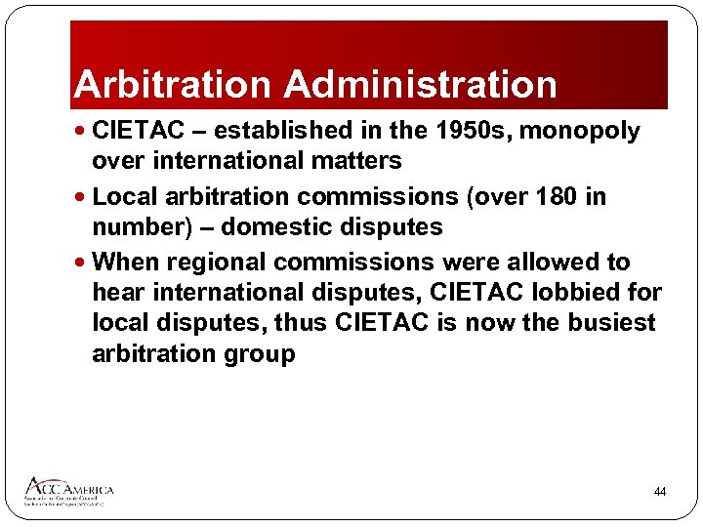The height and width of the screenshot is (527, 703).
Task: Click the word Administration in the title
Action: click(421, 85)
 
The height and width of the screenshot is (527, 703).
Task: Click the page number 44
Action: click(660, 492)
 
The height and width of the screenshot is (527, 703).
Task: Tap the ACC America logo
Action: click(69, 490)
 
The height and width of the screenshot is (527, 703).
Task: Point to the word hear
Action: click(116, 292)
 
